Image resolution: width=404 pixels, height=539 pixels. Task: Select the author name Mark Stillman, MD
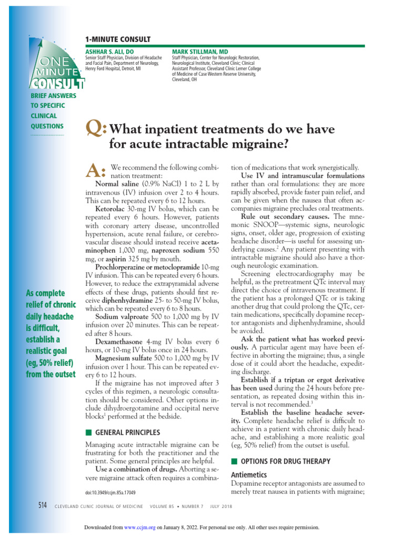(x=194, y=51)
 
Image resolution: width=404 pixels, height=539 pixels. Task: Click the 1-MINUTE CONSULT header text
(x=117, y=39)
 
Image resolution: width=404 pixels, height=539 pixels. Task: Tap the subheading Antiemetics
(x=249, y=474)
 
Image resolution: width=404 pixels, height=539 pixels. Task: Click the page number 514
(x=43, y=505)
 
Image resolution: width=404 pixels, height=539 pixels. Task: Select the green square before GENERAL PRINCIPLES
(x=88, y=432)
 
